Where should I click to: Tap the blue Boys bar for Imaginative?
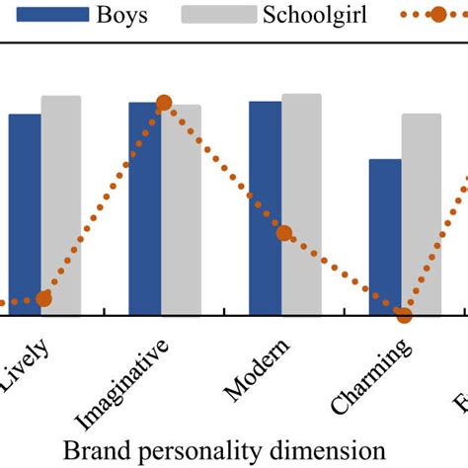145,208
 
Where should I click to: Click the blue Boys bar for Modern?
265,208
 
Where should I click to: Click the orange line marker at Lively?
43,298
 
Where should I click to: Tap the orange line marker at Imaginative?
164,103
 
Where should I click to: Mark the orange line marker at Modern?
284,233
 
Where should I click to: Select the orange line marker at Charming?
403,315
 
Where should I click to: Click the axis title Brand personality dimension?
224,450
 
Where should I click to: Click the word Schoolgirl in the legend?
315,15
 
